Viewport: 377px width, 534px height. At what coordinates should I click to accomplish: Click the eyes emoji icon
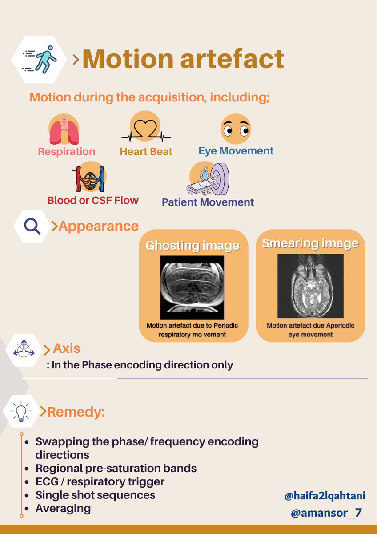coord(236,129)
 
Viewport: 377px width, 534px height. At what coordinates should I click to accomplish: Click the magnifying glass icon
coord(32,226)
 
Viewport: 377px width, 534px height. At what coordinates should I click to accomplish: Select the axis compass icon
coord(24,350)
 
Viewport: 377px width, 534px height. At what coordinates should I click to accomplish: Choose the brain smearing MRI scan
coord(310,285)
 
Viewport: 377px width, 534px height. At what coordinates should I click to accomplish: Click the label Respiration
coord(66,152)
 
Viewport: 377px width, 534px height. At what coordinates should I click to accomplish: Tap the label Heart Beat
coord(146,152)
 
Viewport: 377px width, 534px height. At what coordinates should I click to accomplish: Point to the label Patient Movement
coord(208,202)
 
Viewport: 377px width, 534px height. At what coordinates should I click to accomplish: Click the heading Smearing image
coord(310,243)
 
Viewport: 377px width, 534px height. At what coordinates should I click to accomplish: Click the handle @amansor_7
coord(326,513)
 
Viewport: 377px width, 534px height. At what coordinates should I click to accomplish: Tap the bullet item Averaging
coord(63,508)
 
